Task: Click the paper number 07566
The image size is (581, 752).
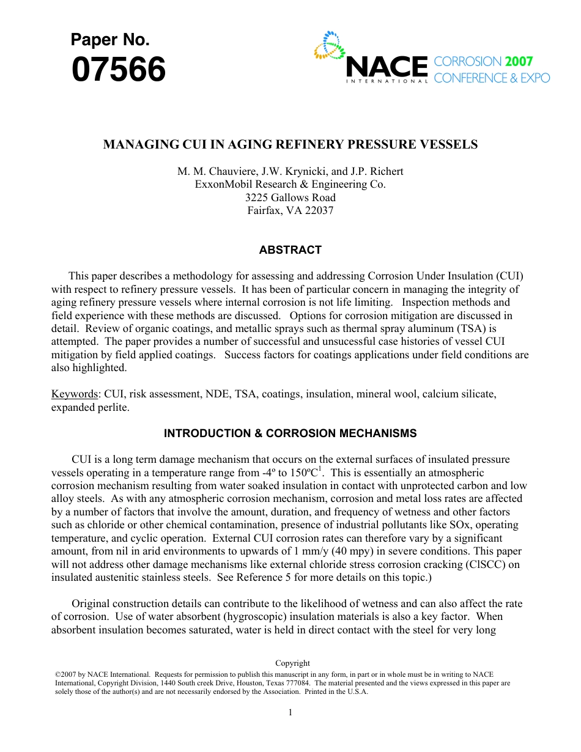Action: click(118, 70)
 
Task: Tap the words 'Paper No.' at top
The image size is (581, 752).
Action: click(110, 40)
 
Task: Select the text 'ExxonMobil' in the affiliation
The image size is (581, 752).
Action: click(220, 185)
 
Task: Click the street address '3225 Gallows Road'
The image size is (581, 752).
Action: click(290, 197)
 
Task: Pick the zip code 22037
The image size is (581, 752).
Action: click(319, 211)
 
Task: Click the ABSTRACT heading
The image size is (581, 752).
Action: click(290, 250)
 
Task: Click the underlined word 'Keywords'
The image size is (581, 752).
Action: click(74, 394)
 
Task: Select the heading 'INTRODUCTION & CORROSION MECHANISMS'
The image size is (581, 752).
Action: click(290, 433)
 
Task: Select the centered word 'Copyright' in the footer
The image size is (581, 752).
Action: click(292, 663)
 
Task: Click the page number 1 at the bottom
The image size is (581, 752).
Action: click(290, 712)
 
